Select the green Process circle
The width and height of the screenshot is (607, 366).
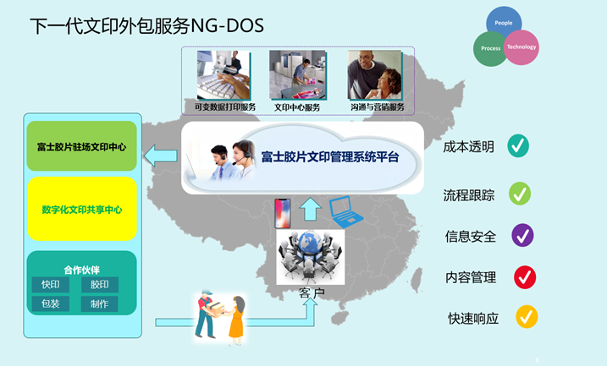(490, 48)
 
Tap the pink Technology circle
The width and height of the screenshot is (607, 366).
(521, 46)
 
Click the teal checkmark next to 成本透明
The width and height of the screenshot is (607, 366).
(518, 146)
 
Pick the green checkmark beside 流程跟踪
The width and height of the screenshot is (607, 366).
(520, 194)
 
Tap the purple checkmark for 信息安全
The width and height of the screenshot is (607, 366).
(522, 235)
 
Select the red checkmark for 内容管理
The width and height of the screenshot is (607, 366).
(524, 276)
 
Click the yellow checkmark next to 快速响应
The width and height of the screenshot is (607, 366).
(527, 317)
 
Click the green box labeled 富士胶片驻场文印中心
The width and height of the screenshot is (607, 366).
(81, 147)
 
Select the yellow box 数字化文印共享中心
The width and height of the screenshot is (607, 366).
(81, 209)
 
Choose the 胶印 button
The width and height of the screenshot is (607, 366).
(99, 285)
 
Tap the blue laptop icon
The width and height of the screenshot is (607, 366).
(345, 212)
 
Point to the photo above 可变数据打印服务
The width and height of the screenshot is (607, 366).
(223, 75)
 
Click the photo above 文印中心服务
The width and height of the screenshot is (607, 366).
(298, 75)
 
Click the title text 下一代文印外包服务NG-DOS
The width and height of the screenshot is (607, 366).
(146, 26)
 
